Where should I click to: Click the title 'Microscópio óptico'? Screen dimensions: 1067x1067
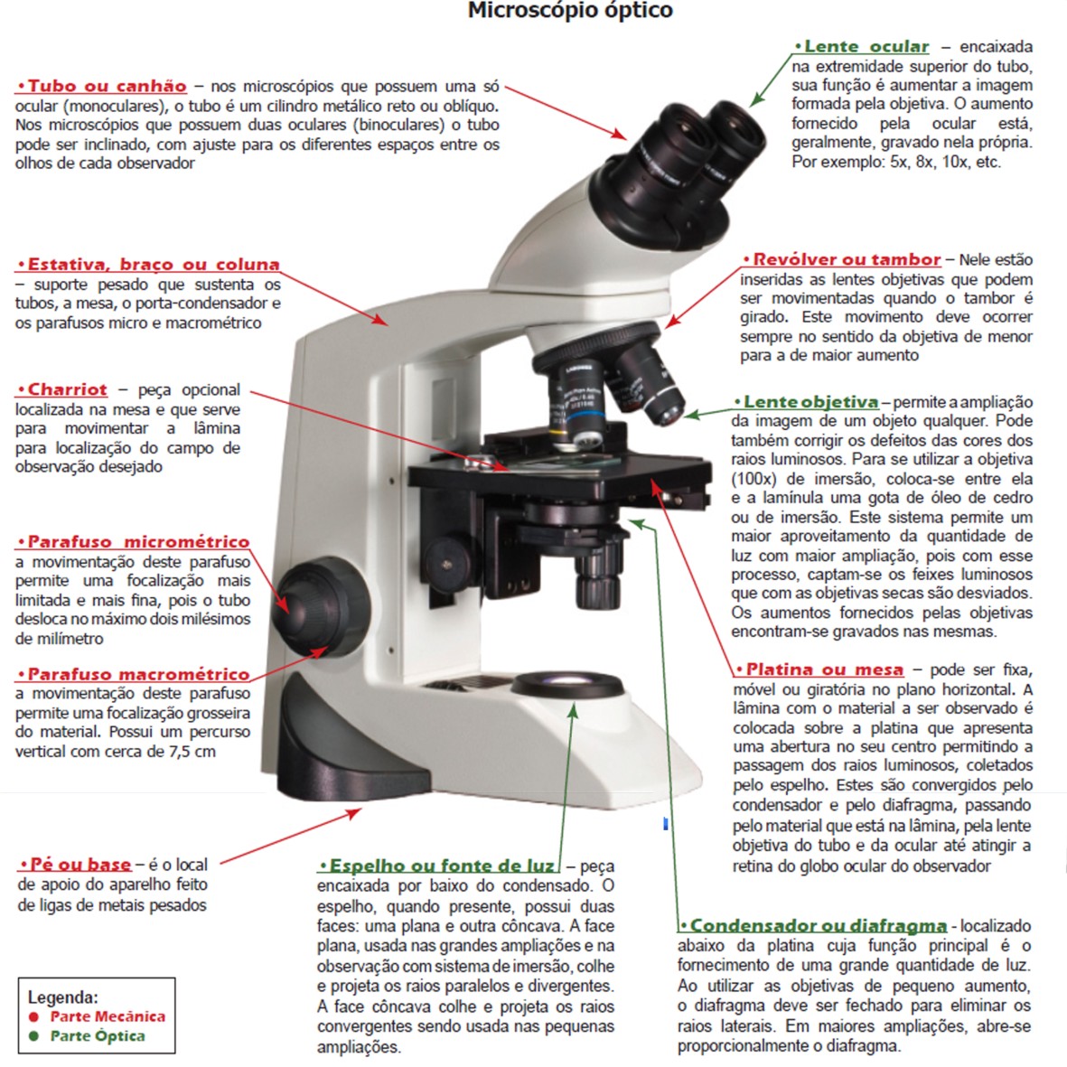tap(569, 12)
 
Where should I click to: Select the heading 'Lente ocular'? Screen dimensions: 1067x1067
tap(866, 46)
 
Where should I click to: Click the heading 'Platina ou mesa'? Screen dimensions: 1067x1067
tap(824, 669)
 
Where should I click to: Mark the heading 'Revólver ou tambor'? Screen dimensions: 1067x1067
tap(846, 259)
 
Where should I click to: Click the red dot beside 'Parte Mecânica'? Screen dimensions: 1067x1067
tap(34, 1016)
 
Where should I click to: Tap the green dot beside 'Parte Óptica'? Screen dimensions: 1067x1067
tap(34, 1036)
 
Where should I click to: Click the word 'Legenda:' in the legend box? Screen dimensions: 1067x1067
tap(63, 997)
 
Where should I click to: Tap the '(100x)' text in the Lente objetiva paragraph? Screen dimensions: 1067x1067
tap(753, 479)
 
